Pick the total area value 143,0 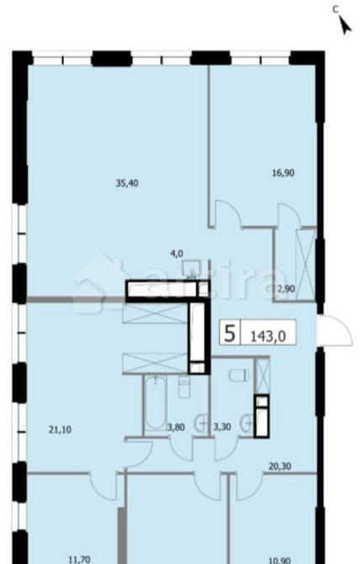click(x=269, y=334)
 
